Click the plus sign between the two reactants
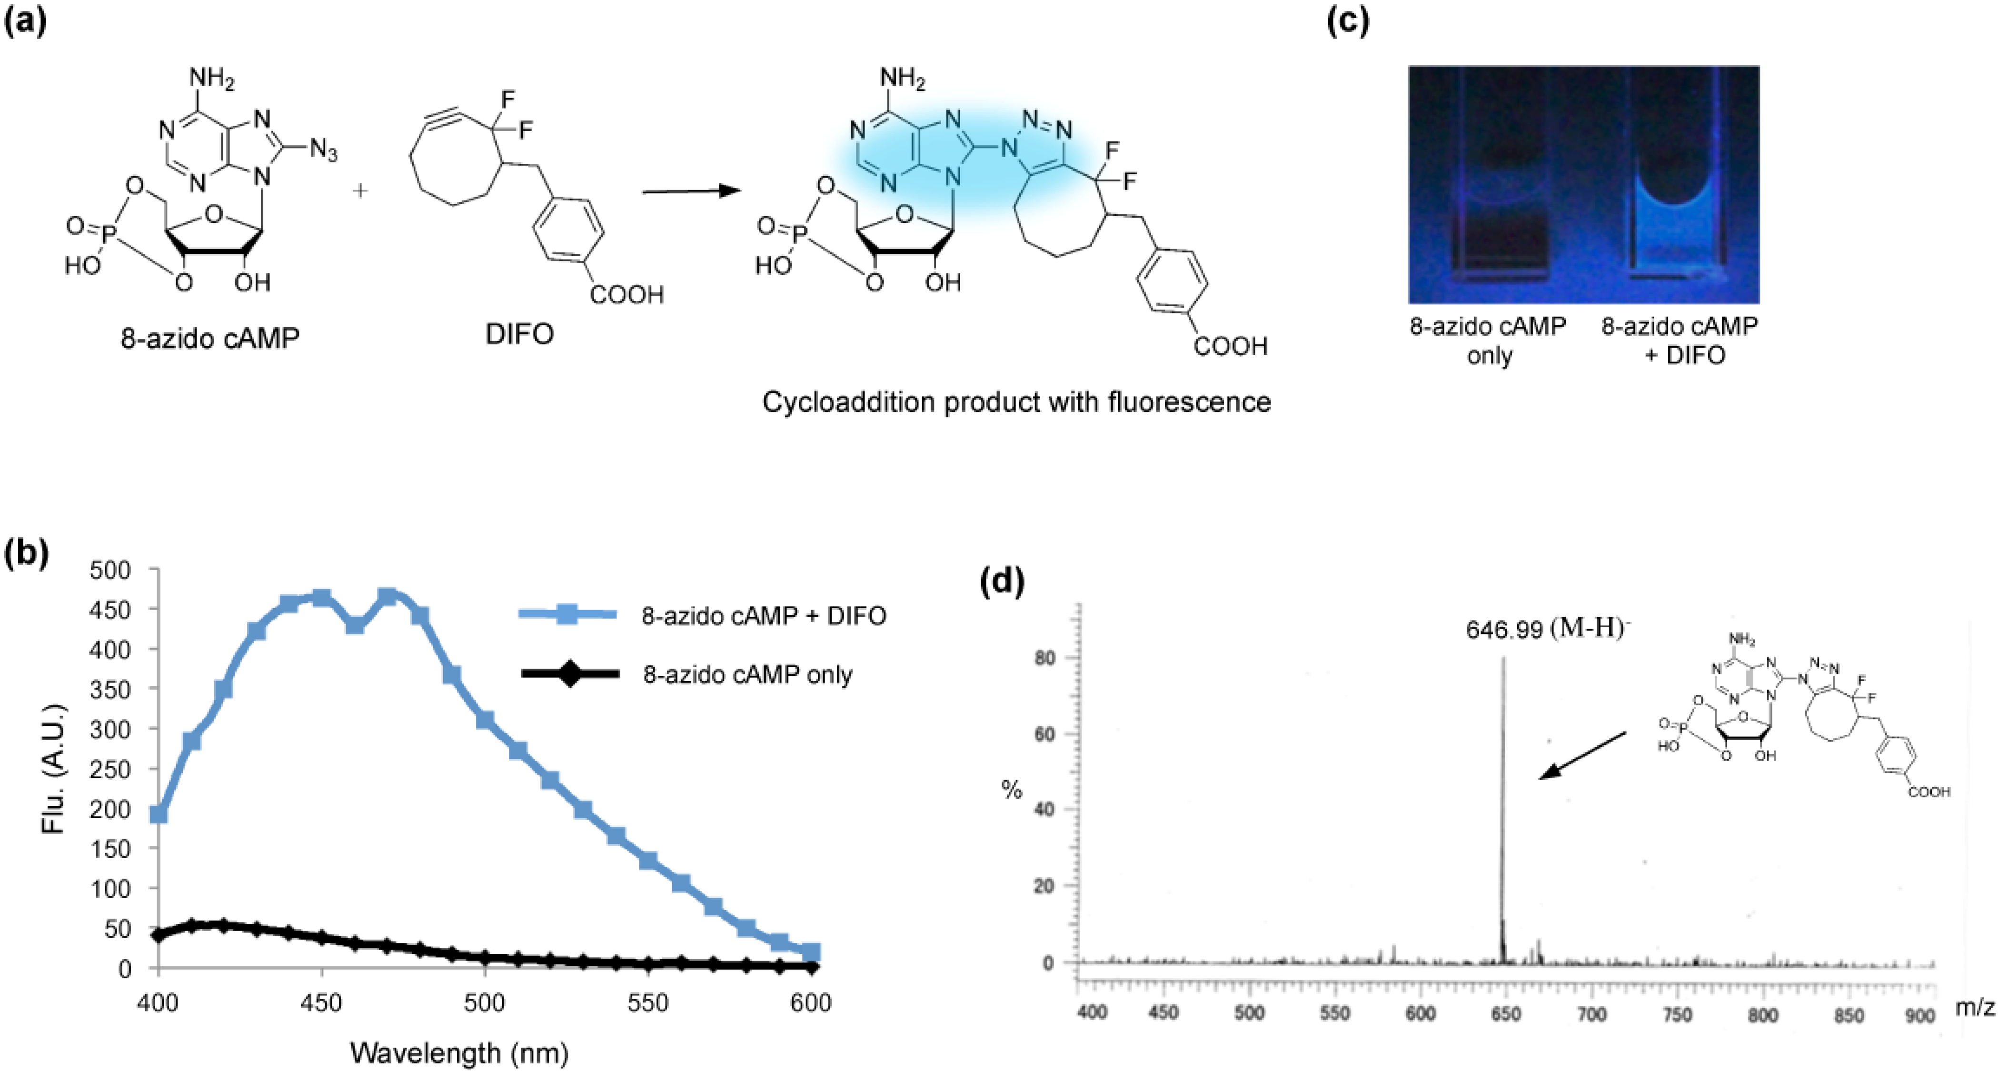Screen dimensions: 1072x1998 tap(360, 190)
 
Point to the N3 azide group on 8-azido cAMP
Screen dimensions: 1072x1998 tap(323, 150)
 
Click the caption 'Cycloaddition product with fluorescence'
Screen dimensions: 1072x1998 tap(1016, 402)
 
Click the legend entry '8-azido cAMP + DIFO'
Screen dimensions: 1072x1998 tap(763, 615)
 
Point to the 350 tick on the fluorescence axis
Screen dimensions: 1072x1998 tap(109, 689)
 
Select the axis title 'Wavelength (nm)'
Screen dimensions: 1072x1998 tap(459, 1052)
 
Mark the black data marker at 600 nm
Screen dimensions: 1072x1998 tap(811, 966)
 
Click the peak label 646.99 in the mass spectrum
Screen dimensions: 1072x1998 tap(1503, 629)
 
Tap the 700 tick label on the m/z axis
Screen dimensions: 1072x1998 tap(1591, 1014)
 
